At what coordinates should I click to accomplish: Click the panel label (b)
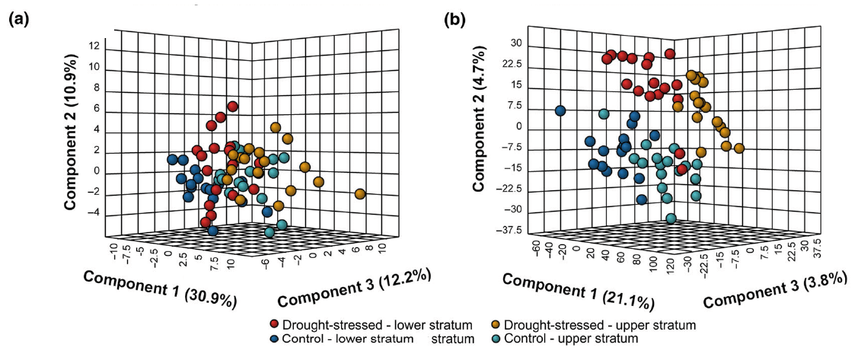click(457, 21)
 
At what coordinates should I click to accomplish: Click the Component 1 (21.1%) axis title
click(579, 290)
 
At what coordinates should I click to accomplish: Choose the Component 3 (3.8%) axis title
click(774, 288)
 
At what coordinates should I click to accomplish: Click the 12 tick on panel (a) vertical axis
click(94, 46)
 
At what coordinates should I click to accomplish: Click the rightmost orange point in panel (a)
click(360, 194)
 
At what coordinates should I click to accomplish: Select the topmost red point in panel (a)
click(233, 107)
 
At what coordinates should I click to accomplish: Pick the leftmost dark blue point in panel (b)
click(560, 111)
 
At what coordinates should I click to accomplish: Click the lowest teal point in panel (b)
click(671, 218)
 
